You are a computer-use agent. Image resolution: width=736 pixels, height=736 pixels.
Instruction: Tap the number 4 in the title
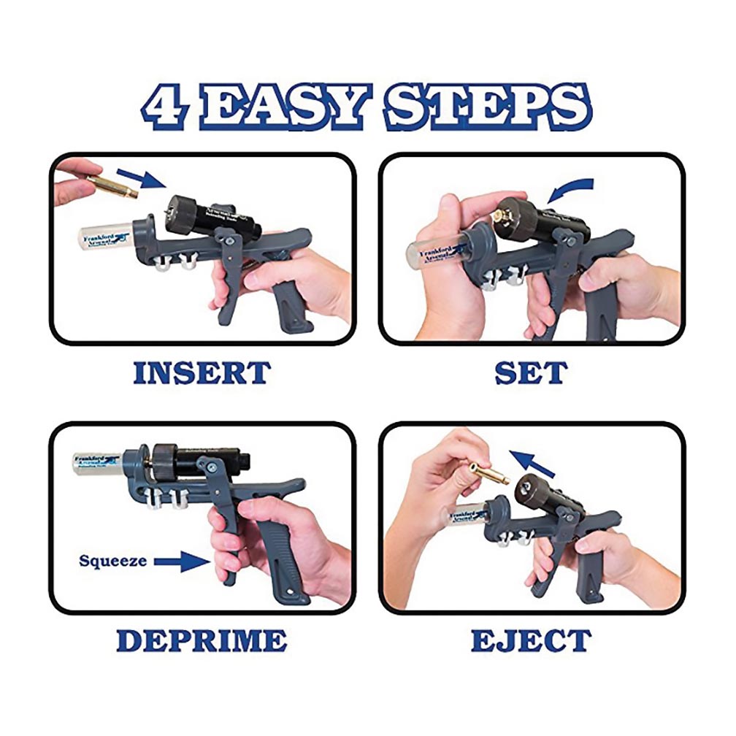(165, 107)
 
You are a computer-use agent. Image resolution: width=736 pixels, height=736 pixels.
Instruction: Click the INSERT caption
(202, 372)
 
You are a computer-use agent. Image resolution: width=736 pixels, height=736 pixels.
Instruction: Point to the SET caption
(531, 372)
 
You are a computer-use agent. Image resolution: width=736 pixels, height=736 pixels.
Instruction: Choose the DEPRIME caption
(202, 640)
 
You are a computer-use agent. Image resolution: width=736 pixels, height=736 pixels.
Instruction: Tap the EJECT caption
(531, 640)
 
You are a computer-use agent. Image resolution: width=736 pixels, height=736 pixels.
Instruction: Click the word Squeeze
(113, 561)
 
